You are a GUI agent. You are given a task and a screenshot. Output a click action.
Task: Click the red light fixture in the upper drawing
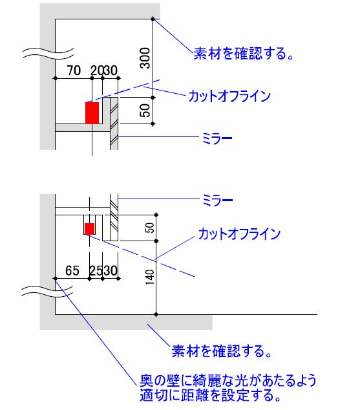(x=92, y=113)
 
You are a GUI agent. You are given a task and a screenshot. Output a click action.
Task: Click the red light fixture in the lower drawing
(x=89, y=229)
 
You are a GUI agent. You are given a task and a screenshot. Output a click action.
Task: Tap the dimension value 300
(x=145, y=58)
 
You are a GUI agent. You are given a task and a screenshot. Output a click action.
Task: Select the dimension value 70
(x=74, y=70)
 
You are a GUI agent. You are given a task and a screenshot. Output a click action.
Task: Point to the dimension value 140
(x=149, y=277)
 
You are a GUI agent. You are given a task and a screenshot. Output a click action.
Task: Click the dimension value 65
(x=72, y=270)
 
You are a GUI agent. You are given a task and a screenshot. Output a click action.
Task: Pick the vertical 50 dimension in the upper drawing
(x=145, y=111)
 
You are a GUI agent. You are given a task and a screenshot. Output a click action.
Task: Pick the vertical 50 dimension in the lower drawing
(x=149, y=228)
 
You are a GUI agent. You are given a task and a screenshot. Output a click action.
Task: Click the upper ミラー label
(x=217, y=138)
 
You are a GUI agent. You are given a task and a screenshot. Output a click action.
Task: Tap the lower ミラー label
(x=218, y=200)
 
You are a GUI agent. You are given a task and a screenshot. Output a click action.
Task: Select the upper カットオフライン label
(x=229, y=96)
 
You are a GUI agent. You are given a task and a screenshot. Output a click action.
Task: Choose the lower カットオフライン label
(x=239, y=233)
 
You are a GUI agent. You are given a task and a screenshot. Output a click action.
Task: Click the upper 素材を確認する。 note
(x=244, y=53)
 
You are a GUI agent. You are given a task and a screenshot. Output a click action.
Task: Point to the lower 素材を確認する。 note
(x=222, y=351)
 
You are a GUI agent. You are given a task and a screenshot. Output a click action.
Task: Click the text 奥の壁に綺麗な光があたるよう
(x=228, y=380)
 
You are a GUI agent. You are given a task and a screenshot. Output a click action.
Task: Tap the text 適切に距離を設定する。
(x=211, y=395)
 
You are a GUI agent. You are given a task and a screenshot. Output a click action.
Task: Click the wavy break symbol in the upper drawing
(x=48, y=54)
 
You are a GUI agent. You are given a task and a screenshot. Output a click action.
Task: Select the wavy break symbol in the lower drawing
(x=47, y=292)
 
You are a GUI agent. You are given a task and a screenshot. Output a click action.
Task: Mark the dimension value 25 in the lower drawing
(x=96, y=270)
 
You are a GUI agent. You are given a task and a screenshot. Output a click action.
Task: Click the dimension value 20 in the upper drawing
(x=97, y=70)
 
